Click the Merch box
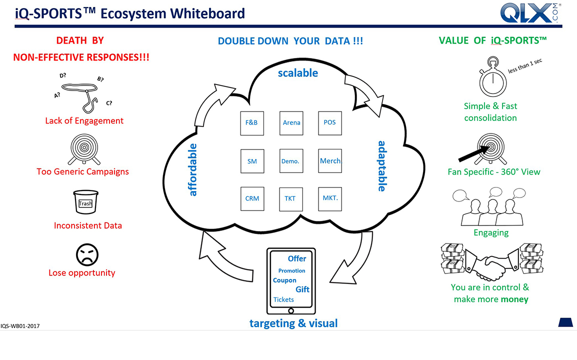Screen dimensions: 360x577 pos(330,161)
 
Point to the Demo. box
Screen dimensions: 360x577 pos(291,161)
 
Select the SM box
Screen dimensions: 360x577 pos(252,161)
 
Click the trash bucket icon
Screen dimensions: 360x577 pos(85,202)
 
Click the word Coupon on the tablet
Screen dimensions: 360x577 pos(284,280)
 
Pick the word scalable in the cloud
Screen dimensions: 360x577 pos(298,73)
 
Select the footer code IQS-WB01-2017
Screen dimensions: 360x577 pos(20,326)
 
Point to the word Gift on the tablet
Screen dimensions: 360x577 pos(302,289)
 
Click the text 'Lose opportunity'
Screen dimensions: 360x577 pos(81,273)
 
